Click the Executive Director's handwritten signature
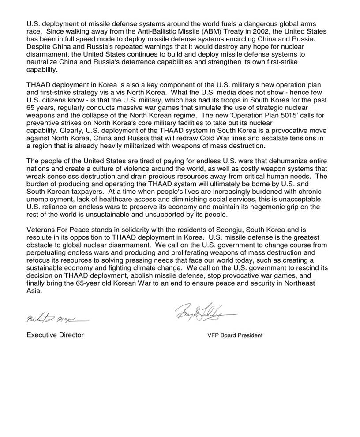coord(56,318)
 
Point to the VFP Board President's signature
coord(205,312)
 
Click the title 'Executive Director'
coord(55,335)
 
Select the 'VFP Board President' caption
coord(235,335)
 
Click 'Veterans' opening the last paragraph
coord(41,230)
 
